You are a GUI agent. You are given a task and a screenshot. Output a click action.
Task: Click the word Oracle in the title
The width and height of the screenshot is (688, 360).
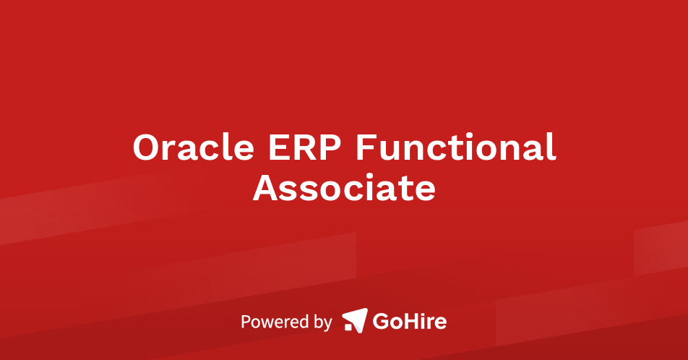pos(193,147)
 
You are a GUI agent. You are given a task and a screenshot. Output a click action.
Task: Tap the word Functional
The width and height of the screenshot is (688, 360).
pos(455,147)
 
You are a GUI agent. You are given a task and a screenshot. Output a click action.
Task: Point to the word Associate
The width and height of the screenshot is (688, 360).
pos(344,188)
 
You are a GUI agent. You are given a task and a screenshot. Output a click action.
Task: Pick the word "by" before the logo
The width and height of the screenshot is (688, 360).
pos(322,322)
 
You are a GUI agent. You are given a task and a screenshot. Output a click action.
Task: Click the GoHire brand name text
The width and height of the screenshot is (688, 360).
pos(409,320)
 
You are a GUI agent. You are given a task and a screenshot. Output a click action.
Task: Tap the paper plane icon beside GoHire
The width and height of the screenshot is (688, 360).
pos(354,320)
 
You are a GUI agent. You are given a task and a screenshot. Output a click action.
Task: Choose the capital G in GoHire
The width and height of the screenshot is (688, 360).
pos(381,320)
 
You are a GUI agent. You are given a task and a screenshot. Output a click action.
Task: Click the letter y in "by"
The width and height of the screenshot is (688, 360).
pos(327,324)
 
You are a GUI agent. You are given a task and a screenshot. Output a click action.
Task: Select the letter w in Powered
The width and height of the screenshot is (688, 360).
pos(265,322)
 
